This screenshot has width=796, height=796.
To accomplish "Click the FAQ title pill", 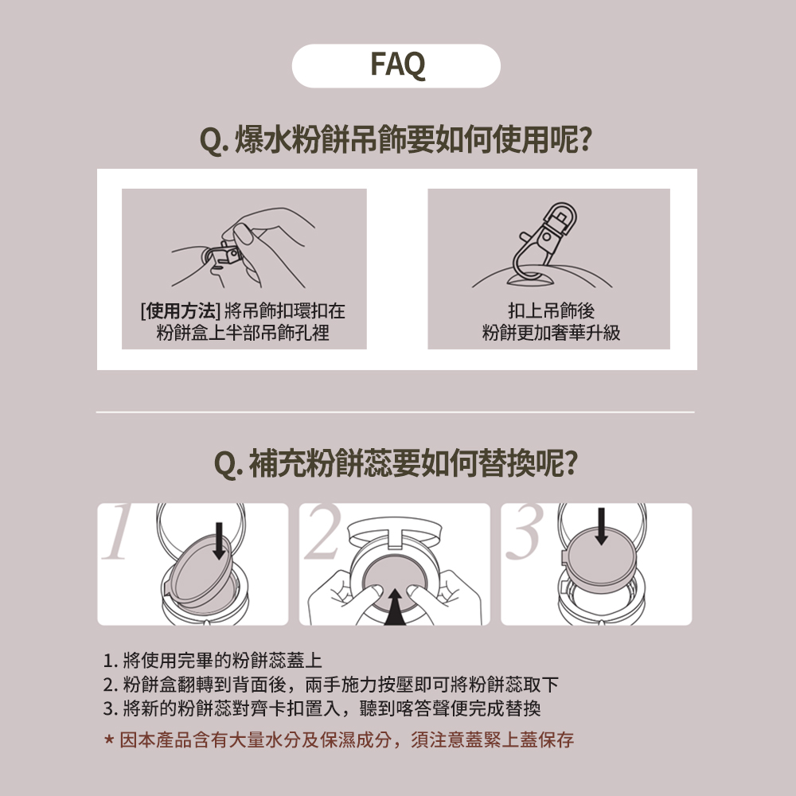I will pyautogui.click(x=396, y=65).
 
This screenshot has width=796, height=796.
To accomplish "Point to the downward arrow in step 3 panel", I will pyautogui.click(x=600, y=525).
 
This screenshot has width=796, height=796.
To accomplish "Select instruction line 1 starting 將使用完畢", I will pyautogui.click(x=213, y=661).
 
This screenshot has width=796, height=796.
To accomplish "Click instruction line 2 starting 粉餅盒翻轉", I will pyautogui.click(x=330, y=685).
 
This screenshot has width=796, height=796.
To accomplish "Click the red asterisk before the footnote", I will pyautogui.click(x=109, y=741).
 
